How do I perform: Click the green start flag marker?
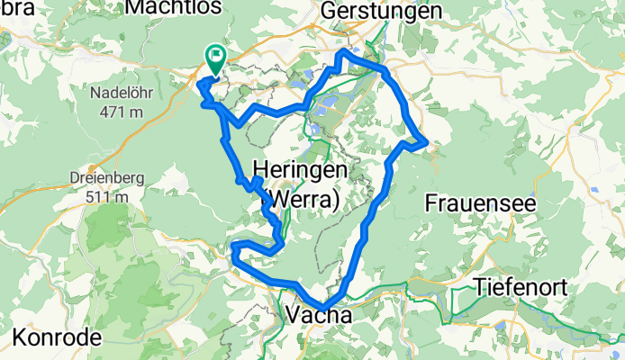(216, 58)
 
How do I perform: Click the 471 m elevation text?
(124, 111)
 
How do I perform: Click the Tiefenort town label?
(521, 286)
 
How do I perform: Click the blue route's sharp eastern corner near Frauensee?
(424, 140)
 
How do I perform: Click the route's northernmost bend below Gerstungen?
(341, 55)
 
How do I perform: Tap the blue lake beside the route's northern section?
(326, 103)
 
